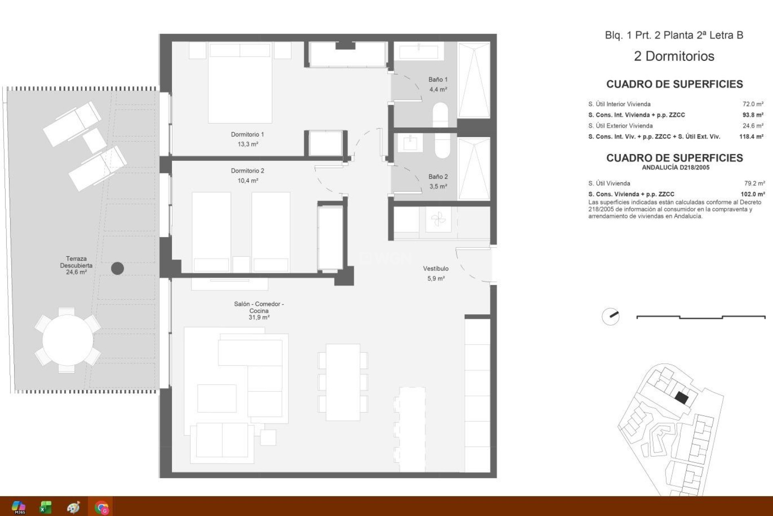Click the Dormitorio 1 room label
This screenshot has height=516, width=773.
tap(247, 134)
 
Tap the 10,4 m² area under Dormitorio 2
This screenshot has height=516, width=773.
tap(248, 181)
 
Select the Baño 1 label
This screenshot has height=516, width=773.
tap(438, 79)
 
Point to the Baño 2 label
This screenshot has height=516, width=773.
tap(438, 177)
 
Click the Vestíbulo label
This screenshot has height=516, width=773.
tap(436, 268)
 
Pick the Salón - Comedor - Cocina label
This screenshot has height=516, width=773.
tap(259, 307)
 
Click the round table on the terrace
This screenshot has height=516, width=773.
tap(68, 340)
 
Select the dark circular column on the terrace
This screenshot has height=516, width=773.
tap(117, 268)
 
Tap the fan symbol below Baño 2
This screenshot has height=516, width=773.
tap(438, 220)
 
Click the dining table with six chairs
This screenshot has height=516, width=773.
tap(343, 382)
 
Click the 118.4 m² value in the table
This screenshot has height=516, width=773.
tap(751, 137)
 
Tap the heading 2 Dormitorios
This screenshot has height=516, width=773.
tap(674, 56)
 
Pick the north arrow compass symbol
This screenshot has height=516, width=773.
tap(610, 316)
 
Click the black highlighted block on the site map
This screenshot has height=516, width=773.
tap(681, 398)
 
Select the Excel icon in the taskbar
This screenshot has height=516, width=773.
tap(45, 507)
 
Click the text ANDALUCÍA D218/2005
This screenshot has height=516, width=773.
tap(675, 167)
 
